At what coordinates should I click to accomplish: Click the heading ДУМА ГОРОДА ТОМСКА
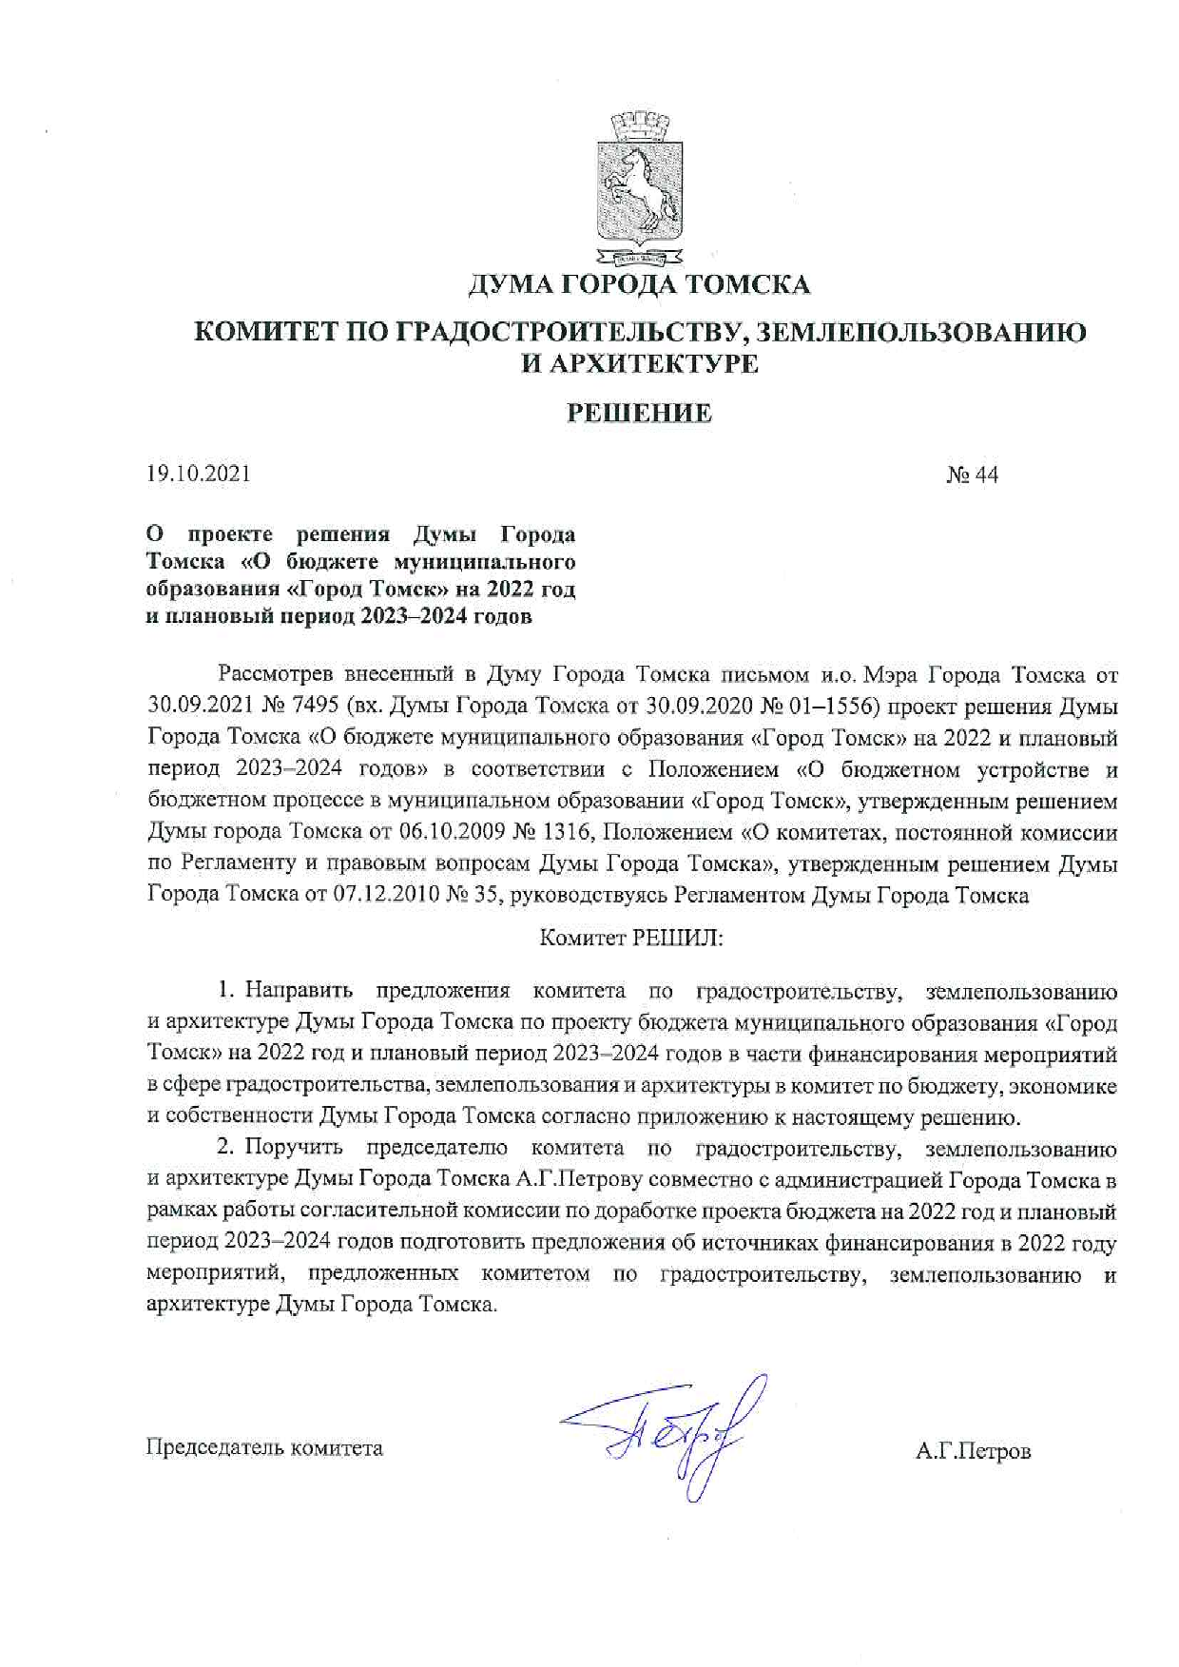tap(639, 284)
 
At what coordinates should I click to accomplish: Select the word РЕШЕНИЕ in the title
tap(639, 413)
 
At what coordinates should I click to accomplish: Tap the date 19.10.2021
tap(199, 474)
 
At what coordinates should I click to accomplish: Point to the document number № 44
tap(972, 475)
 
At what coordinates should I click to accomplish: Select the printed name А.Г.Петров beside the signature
tap(973, 1451)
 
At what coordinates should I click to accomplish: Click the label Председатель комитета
tap(264, 1448)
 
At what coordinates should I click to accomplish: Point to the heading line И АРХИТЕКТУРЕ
tap(639, 364)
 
